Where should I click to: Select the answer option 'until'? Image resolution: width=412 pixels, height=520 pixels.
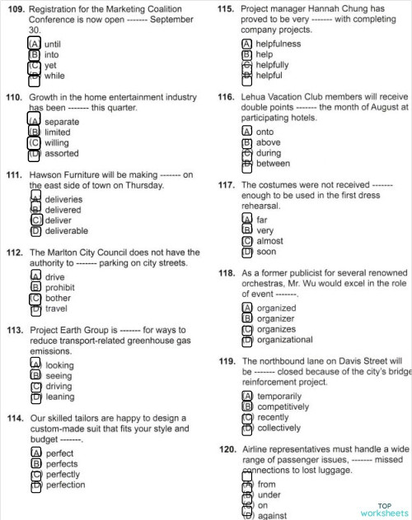click(53, 44)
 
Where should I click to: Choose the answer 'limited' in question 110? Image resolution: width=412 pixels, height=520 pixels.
click(57, 132)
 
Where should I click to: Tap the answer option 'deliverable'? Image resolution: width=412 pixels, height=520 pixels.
click(66, 231)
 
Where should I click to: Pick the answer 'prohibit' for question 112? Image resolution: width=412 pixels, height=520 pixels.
click(59, 288)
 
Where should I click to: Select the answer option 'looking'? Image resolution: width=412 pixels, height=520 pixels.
click(59, 365)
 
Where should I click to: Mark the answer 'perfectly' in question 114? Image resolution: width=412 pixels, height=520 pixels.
click(63, 475)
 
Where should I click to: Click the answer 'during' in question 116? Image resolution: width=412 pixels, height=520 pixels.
click(269, 153)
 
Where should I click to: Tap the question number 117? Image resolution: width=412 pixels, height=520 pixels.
click(227, 185)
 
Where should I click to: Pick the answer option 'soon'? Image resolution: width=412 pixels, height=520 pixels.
click(265, 252)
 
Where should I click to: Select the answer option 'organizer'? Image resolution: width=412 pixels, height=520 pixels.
click(275, 319)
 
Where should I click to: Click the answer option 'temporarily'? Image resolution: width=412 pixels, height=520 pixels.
click(283, 397)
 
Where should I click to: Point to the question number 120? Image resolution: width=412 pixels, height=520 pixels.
click(227, 449)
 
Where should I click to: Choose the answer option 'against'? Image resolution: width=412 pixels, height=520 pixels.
click(272, 516)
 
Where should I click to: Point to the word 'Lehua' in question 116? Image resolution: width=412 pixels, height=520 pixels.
click(255, 97)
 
